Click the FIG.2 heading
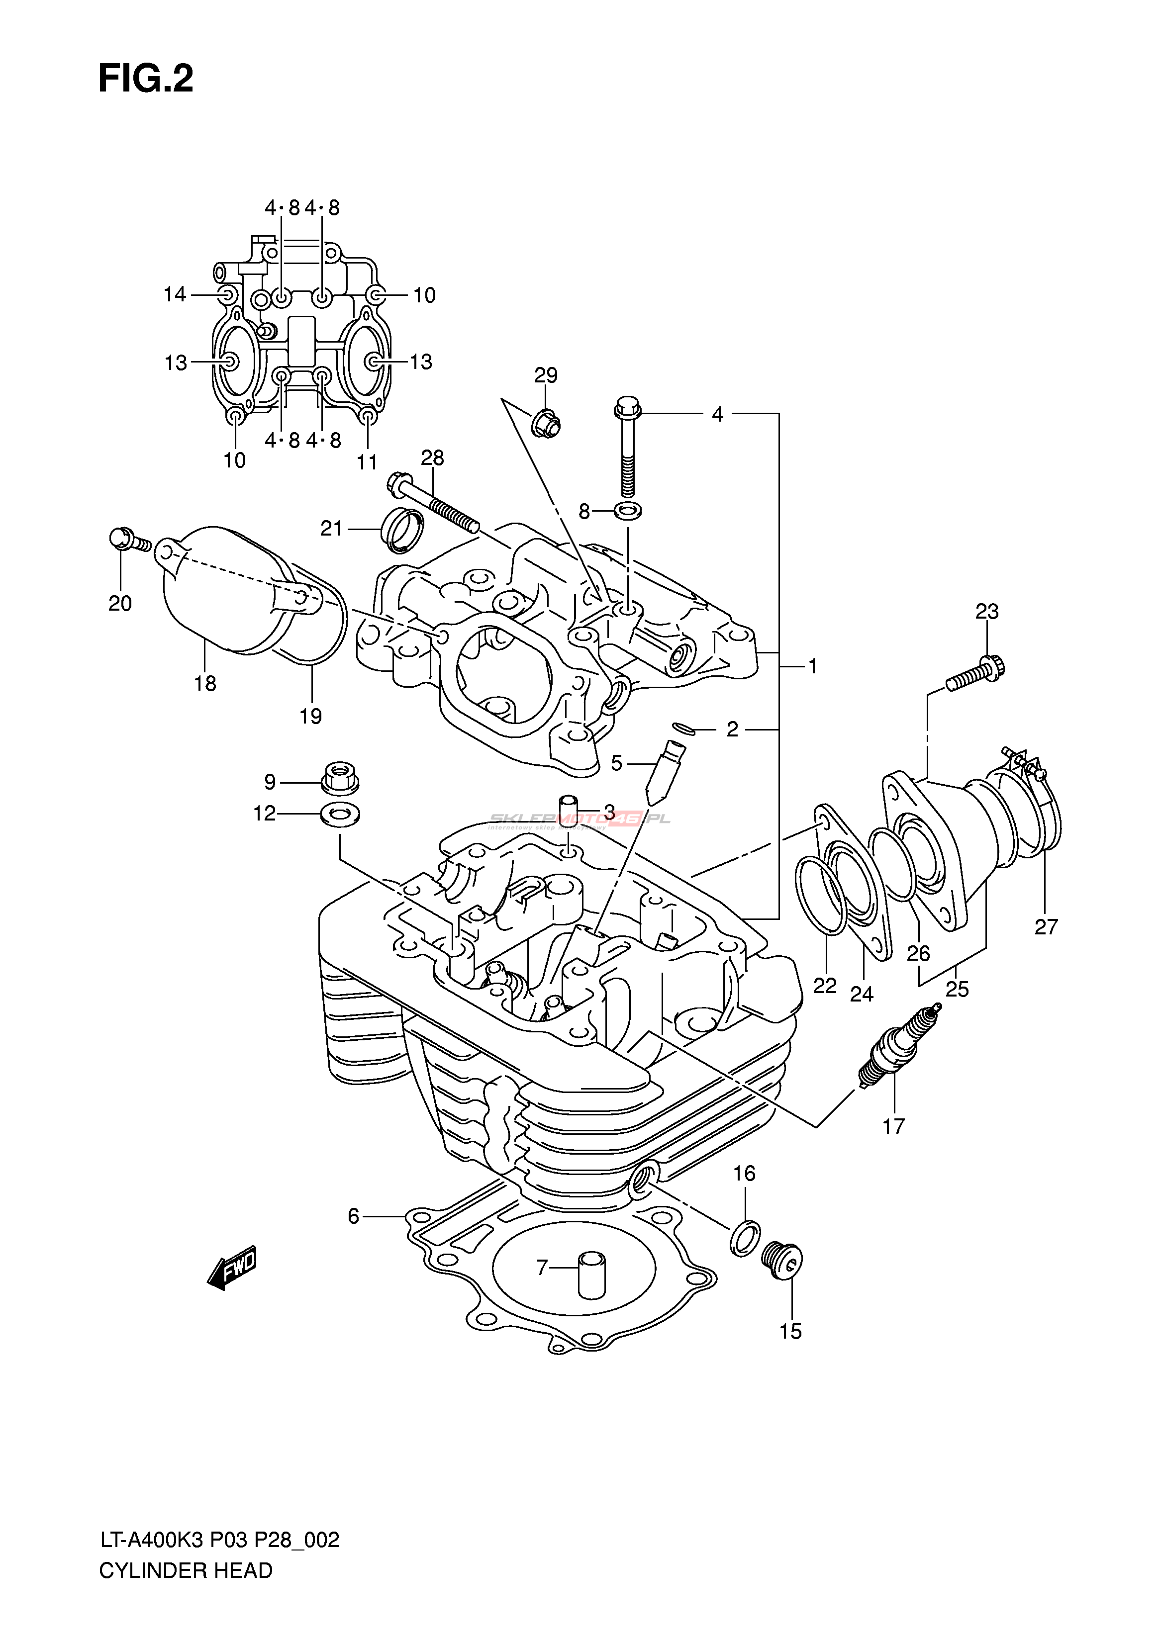click(146, 79)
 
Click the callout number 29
click(546, 375)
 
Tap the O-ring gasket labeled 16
click(744, 1236)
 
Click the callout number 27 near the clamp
click(1046, 927)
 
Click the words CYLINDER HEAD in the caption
click(186, 1570)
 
